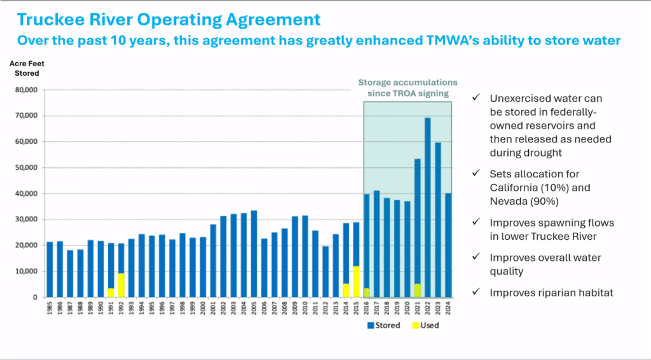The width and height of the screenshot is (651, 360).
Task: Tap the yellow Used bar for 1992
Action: (x=121, y=285)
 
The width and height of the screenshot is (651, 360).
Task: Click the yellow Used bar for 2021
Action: (x=418, y=290)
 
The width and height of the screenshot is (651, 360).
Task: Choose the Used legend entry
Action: (x=425, y=326)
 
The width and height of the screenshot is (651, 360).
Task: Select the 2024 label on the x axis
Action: (x=449, y=307)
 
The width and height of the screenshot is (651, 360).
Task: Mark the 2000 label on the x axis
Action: (x=203, y=307)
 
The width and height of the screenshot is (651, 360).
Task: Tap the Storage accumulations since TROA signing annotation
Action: (x=408, y=88)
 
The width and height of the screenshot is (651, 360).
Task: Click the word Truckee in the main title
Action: (x=43, y=20)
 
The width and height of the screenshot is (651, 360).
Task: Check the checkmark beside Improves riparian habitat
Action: (x=476, y=293)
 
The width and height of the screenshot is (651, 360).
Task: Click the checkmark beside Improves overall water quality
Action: (x=476, y=258)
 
